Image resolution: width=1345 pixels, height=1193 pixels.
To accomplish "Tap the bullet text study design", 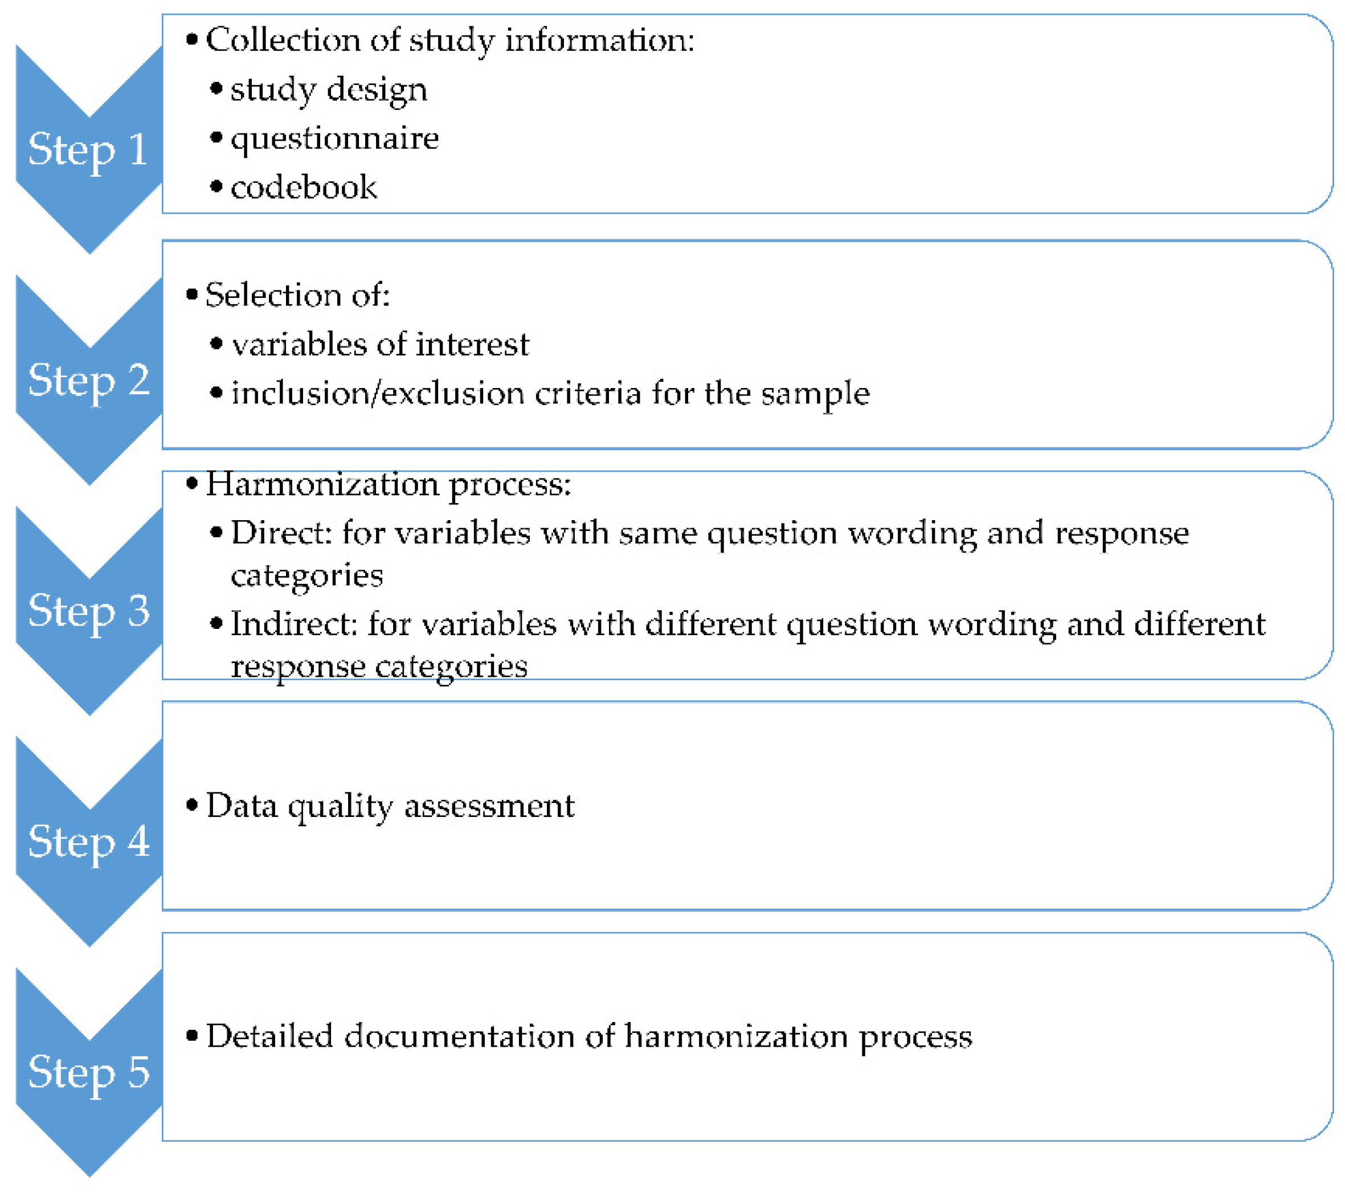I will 328,90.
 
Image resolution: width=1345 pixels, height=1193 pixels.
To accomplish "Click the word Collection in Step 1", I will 283,40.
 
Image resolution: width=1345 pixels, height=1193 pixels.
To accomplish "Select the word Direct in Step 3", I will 281,533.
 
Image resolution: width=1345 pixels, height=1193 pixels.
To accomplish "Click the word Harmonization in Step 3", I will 322,484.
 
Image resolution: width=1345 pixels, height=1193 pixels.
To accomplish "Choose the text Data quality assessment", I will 390,806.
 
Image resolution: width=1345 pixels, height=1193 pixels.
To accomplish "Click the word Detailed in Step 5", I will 269,1036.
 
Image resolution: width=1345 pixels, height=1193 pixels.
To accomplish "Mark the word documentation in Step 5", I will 459,1036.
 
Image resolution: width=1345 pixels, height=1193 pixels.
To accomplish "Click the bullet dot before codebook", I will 216,187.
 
